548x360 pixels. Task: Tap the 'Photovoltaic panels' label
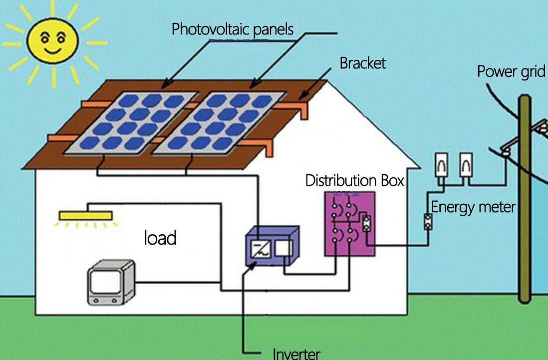point(232,29)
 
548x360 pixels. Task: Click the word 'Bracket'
point(362,63)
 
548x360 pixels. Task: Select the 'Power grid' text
point(511,71)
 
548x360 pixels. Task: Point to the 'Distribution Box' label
point(354,180)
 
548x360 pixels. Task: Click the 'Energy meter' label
point(473,206)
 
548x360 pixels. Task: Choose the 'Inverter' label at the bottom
point(296,354)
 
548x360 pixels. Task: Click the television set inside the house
point(111,282)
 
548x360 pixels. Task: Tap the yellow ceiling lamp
point(85,216)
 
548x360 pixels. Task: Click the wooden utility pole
point(525,200)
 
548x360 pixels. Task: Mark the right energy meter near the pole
point(466,164)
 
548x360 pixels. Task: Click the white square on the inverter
point(284,249)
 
